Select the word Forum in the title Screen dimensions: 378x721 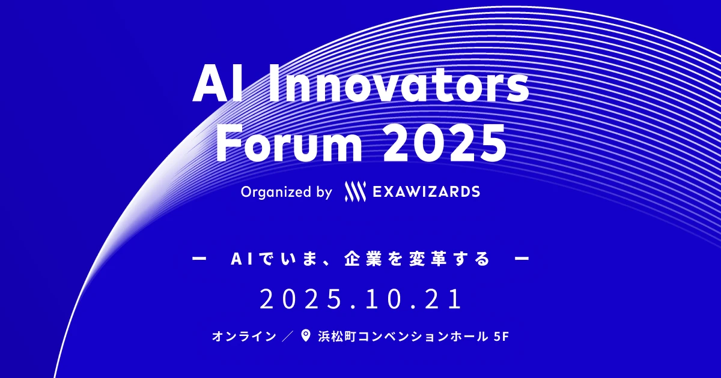click(282, 143)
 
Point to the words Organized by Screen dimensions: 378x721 click(286, 192)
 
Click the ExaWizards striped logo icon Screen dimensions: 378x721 click(354, 192)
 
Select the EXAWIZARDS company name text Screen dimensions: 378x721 click(426, 192)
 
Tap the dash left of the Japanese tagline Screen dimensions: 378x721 click(198, 260)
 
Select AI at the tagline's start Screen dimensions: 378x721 click(241, 260)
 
